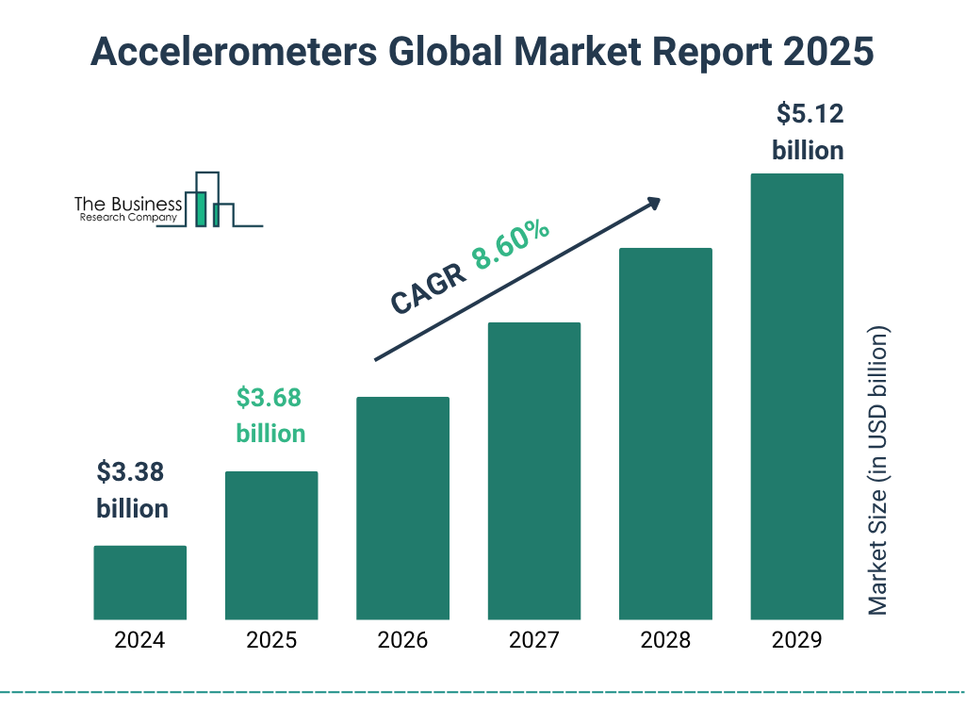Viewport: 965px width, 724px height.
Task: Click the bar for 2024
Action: pos(139,583)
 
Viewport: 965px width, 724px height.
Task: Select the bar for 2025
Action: pos(271,545)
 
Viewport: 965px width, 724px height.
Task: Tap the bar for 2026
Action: pos(402,508)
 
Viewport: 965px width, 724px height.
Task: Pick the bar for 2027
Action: pos(533,470)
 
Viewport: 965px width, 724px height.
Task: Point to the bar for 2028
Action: pos(665,434)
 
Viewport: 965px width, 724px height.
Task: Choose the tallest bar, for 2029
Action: pos(796,397)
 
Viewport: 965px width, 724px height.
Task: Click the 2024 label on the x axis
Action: pos(139,641)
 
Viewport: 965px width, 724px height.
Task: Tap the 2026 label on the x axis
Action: pos(402,641)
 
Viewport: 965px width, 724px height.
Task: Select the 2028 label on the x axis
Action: pos(665,641)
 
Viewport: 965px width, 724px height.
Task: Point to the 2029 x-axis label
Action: pos(796,641)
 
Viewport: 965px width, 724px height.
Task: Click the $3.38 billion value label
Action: pos(133,490)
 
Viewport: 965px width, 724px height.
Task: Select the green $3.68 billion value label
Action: pos(270,416)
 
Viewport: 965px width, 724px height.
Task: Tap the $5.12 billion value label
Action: pos(808,132)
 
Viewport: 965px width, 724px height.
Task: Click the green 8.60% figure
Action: pos(512,245)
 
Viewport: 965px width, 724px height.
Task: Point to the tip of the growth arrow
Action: pos(659,200)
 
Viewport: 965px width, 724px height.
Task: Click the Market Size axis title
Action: pos(878,471)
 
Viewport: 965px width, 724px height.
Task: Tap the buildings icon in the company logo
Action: pos(211,200)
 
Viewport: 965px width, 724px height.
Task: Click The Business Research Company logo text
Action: pos(128,209)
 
